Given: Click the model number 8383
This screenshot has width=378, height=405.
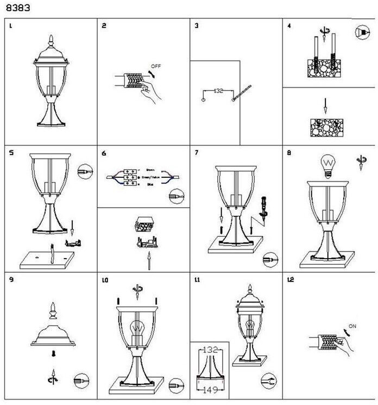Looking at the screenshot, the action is coord(17,9).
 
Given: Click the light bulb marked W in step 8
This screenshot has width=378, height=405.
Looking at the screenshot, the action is coord(327,165).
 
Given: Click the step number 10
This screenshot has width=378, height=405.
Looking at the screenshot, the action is coord(105,281).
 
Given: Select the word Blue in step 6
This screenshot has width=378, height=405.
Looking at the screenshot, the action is coord(149,185).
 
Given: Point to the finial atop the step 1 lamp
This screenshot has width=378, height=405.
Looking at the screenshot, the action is coord(51,40).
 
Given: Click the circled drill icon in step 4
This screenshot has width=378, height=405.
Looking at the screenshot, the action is coord(363,32).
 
